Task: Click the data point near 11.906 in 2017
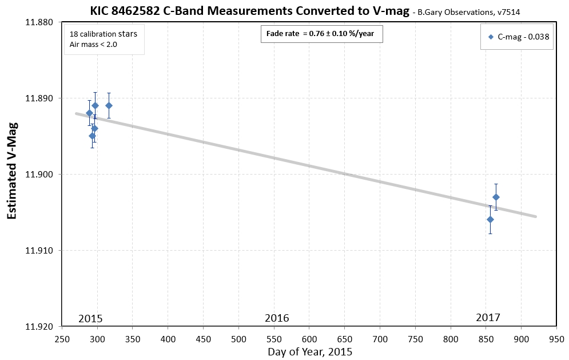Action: (490, 219)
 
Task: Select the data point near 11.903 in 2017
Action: (496, 197)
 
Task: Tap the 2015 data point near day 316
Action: (109, 105)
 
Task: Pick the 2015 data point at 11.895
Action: (92, 136)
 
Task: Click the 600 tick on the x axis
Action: (309, 338)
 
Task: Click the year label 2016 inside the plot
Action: (277, 318)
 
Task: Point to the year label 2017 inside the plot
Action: (488, 317)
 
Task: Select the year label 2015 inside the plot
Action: (90, 318)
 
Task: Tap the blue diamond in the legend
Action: (491, 37)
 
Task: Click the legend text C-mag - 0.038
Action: (523, 37)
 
